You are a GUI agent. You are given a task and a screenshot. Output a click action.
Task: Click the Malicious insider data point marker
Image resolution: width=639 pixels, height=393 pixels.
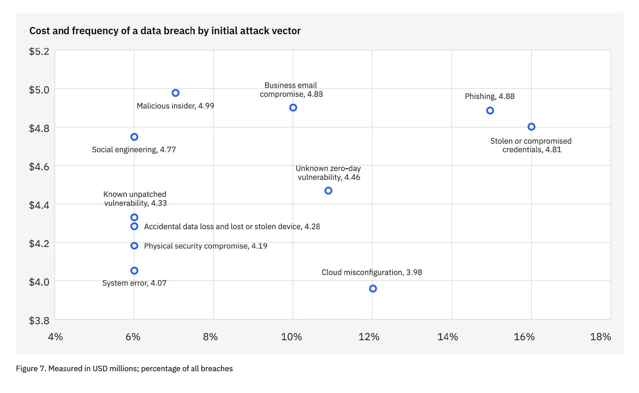click(175, 93)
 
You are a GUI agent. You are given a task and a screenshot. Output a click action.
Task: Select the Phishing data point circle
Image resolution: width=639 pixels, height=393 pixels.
click(490, 111)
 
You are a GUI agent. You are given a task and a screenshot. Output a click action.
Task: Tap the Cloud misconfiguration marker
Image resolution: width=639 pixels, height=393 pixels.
click(373, 289)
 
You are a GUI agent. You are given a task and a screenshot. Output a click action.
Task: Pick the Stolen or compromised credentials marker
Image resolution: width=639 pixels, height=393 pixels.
click(531, 127)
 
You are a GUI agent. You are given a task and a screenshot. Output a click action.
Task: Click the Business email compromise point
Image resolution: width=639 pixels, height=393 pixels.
click(293, 108)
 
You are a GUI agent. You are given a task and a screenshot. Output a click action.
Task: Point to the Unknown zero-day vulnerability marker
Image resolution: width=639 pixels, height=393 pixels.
click(328, 191)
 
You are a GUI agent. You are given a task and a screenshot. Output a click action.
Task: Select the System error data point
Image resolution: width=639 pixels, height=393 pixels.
click(134, 271)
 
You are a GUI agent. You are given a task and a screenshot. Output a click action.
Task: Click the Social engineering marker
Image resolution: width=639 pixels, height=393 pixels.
click(134, 137)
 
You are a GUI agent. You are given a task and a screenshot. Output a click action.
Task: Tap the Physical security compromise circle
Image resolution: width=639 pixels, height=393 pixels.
click(134, 246)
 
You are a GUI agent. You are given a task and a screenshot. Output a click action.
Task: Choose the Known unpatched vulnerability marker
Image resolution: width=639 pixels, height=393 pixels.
click(134, 218)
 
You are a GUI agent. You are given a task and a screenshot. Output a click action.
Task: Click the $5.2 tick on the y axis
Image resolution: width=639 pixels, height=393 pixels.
click(39, 51)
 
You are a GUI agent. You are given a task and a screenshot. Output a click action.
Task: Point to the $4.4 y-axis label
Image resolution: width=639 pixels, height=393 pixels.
click(39, 205)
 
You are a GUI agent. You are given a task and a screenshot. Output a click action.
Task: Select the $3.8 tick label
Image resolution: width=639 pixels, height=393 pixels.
click(39, 321)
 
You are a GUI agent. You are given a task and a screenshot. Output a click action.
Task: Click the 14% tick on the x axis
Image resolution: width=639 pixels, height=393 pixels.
click(447, 337)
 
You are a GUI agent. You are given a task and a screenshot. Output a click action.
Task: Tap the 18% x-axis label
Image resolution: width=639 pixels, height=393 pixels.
click(600, 337)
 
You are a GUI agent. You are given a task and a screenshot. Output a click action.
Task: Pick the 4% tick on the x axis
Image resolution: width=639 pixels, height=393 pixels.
click(55, 337)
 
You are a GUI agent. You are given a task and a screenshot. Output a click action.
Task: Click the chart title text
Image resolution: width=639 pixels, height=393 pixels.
click(165, 31)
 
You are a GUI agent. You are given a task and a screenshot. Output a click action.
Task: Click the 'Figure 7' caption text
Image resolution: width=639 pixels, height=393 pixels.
click(124, 369)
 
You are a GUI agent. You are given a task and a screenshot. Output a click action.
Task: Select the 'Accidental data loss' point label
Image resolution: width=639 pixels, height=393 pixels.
click(232, 227)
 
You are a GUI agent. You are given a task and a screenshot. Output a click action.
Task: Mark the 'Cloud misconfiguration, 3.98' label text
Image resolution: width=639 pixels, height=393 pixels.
click(372, 273)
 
